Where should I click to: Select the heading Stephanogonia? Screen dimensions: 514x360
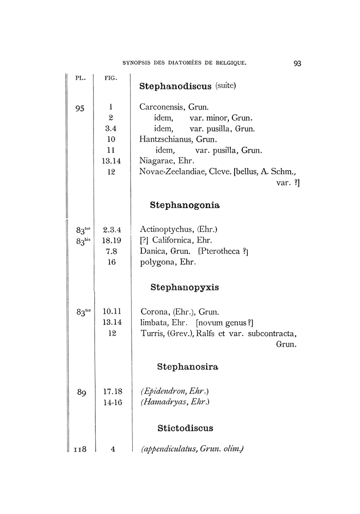click(x=185, y=205)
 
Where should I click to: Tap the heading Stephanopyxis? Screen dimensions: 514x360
click(x=185, y=287)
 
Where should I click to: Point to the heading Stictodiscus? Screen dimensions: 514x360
click(x=185, y=428)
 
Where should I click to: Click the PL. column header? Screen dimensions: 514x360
click(x=80, y=79)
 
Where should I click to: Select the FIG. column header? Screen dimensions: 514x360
click(x=111, y=79)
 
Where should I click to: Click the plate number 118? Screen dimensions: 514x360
click(x=79, y=449)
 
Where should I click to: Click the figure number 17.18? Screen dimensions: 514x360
click(x=112, y=392)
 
